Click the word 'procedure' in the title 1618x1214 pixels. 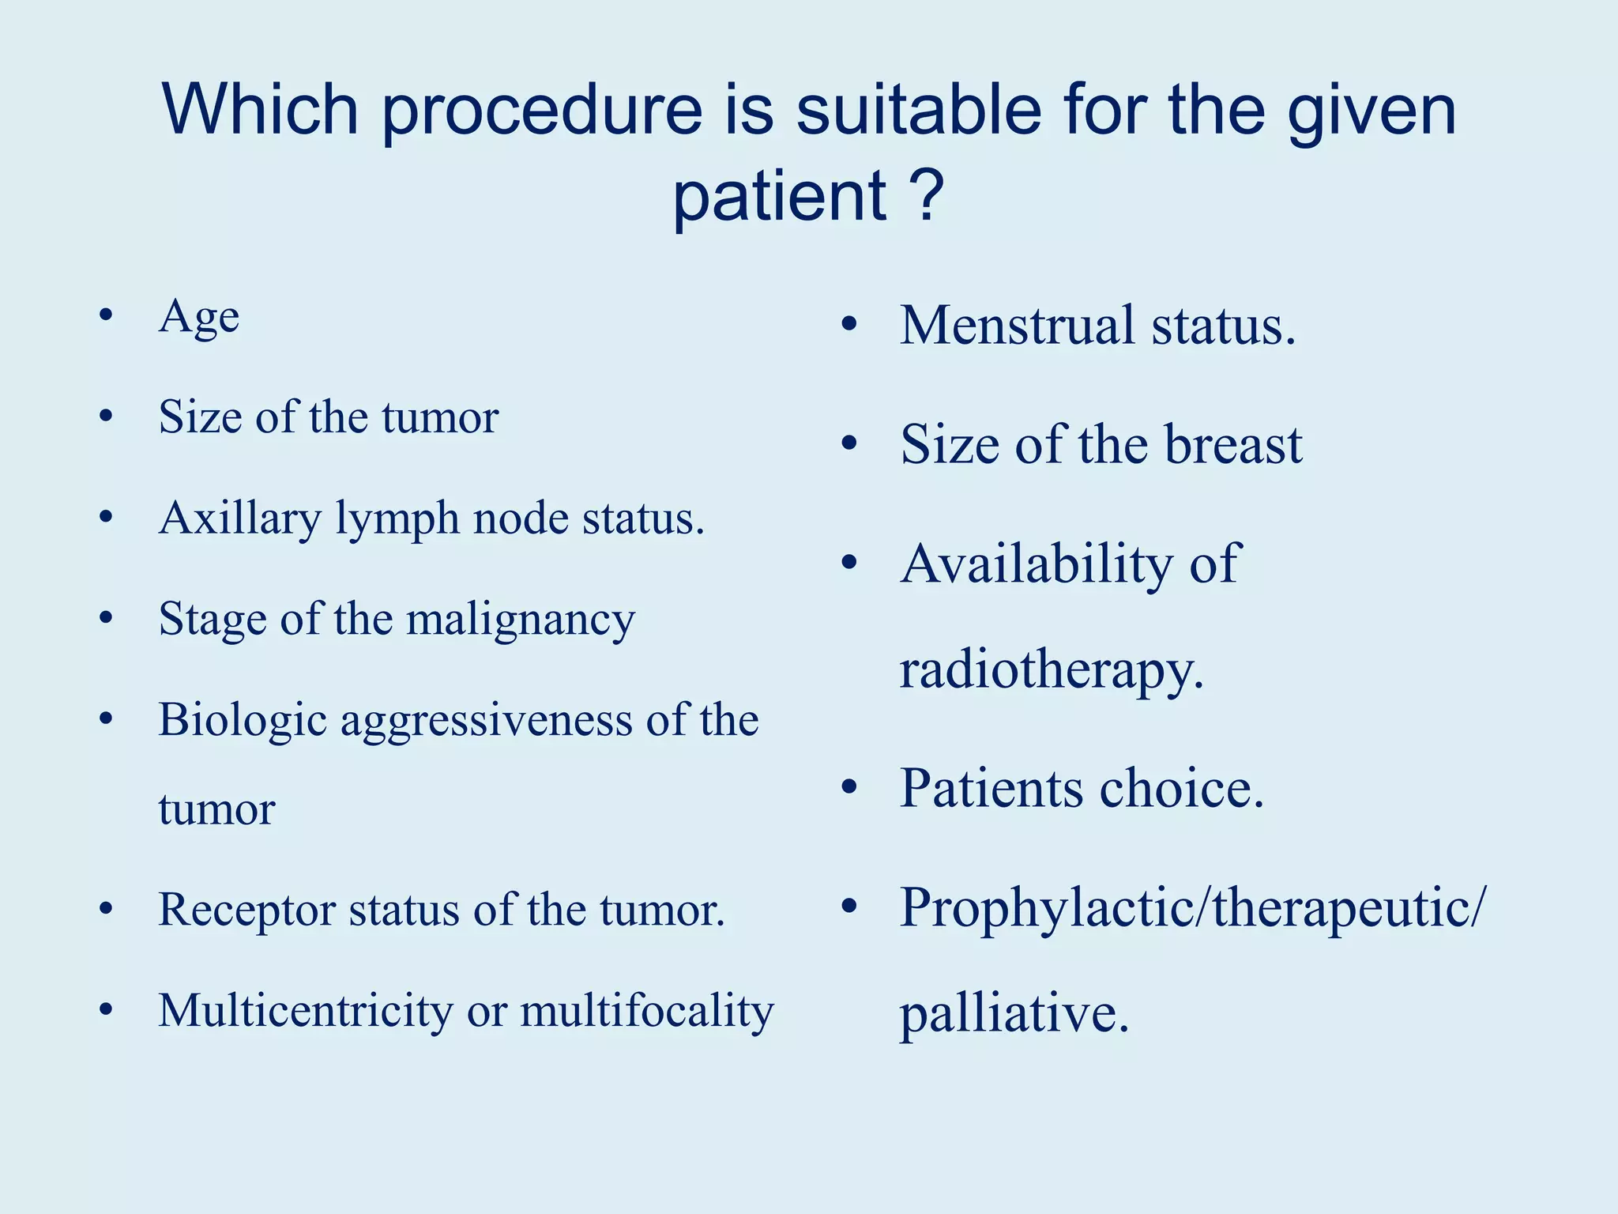(542, 112)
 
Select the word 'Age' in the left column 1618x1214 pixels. (199, 318)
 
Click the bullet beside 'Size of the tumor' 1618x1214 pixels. (106, 416)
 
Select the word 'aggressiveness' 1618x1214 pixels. (486, 721)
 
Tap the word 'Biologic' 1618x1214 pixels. (242, 721)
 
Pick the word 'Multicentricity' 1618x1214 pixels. (305, 1011)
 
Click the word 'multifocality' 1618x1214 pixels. (646, 1011)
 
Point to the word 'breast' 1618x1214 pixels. (1232, 445)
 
